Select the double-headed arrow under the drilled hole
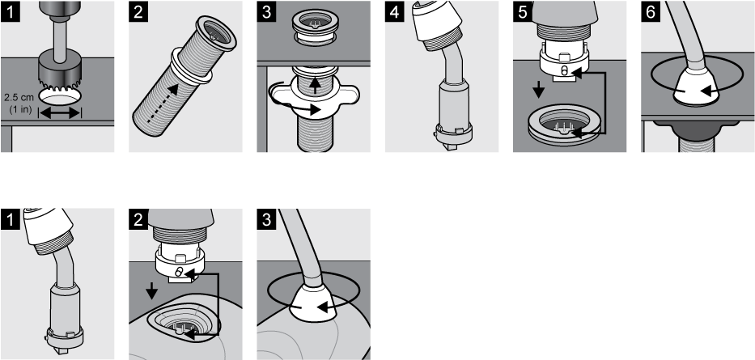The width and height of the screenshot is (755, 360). [x=60, y=114]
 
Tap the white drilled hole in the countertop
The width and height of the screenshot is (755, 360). [x=60, y=96]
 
